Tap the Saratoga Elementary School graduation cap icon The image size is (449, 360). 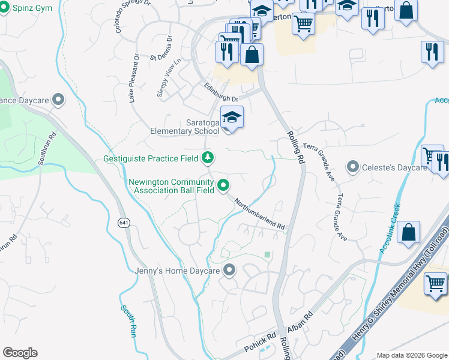[232, 118]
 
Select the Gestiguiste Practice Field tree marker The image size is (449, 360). [208, 158]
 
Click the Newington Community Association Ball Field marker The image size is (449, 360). [224, 186]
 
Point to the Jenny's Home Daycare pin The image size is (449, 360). [229, 271]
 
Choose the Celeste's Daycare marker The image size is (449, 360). [352, 166]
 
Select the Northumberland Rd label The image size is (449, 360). [259, 214]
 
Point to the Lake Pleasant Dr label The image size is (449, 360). [134, 78]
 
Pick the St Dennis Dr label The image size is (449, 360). [161, 49]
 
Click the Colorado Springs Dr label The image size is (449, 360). [127, 16]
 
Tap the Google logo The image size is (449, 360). [20, 353]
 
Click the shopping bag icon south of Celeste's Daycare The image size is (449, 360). [408, 233]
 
